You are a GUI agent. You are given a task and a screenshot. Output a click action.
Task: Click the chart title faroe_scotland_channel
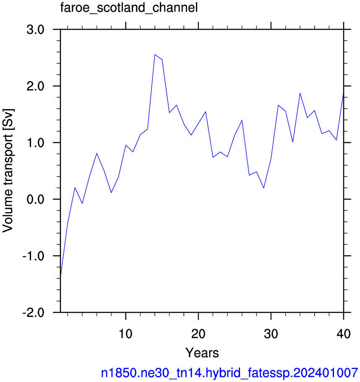click(129, 8)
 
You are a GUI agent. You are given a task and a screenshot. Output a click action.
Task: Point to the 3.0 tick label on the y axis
click(35, 30)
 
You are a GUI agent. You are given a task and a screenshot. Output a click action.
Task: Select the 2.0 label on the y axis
click(35, 86)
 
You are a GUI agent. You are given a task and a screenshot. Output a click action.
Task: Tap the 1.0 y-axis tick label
click(35, 143)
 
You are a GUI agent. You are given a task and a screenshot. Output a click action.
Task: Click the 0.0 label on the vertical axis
click(35, 199)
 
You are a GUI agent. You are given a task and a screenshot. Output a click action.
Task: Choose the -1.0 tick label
click(34, 256)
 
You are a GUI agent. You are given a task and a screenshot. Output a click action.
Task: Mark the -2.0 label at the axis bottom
click(34, 312)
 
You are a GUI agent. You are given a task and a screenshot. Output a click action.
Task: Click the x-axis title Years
click(202, 353)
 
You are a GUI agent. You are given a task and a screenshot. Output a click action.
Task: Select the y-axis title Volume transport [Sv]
click(8, 171)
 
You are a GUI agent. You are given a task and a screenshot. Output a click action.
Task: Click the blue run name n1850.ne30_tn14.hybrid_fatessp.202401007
click(230, 372)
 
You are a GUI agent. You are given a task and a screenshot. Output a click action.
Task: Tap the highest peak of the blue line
click(155, 55)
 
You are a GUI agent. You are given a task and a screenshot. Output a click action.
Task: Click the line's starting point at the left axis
click(60, 276)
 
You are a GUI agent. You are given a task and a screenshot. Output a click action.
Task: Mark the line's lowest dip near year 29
click(264, 188)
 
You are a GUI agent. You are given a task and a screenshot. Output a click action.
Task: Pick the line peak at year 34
click(300, 94)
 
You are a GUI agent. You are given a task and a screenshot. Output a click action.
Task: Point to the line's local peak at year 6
click(97, 153)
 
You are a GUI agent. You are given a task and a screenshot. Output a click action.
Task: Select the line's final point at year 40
click(343, 94)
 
